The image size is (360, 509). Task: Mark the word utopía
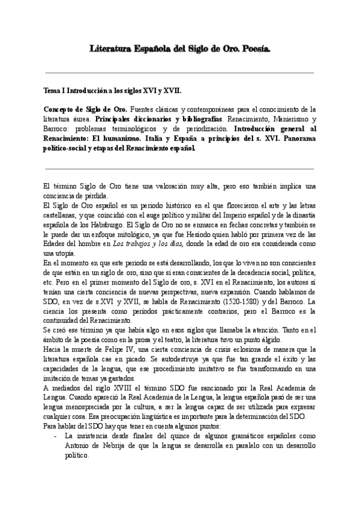pyautogui.click(x=56, y=253)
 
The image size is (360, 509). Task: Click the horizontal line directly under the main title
pyautogui.click(x=180, y=73)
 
